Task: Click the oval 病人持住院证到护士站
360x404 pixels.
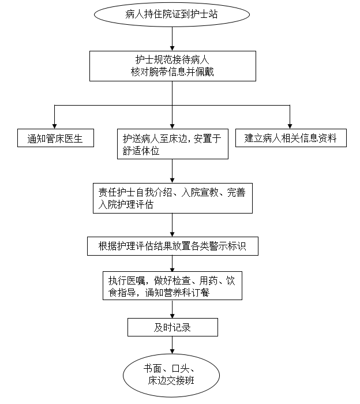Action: (172, 14)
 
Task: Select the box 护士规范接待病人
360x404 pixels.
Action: (172, 66)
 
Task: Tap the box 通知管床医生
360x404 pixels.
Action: (55, 139)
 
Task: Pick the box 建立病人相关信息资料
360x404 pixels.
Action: (291, 138)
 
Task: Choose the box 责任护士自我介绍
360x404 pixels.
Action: (172, 199)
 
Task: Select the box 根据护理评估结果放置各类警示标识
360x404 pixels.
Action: (172, 246)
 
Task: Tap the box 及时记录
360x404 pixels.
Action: (172, 328)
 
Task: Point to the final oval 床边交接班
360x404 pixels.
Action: (172, 375)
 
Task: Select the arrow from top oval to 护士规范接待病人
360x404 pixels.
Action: (172, 38)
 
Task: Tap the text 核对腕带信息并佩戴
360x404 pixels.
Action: (172, 72)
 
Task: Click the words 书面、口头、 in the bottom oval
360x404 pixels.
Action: (172, 368)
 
